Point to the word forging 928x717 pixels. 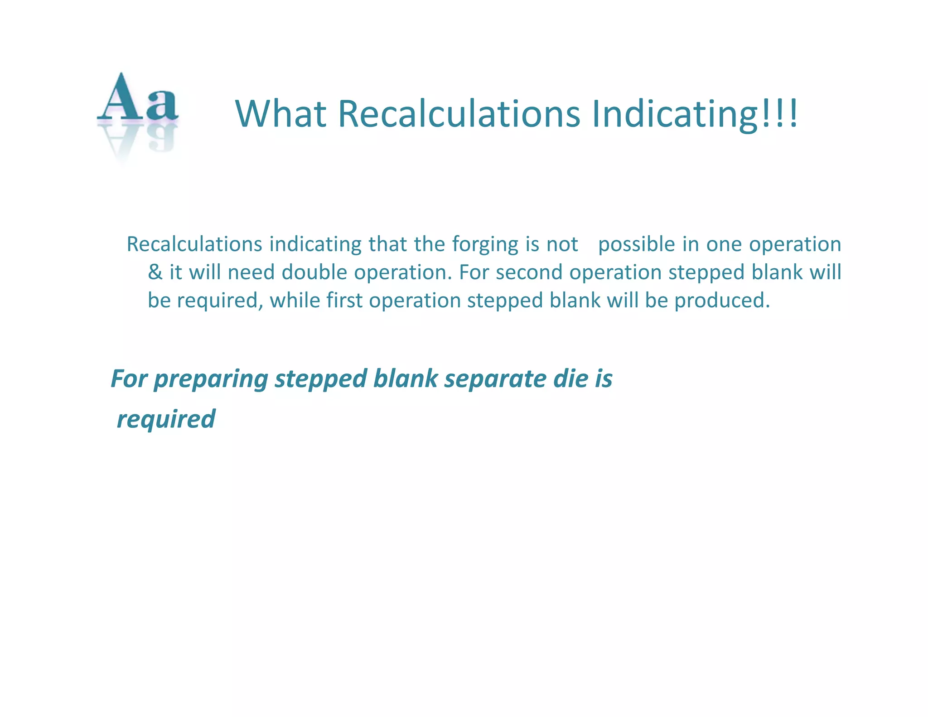(485, 245)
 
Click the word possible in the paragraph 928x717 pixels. (637, 245)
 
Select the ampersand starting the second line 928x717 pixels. (155, 272)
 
